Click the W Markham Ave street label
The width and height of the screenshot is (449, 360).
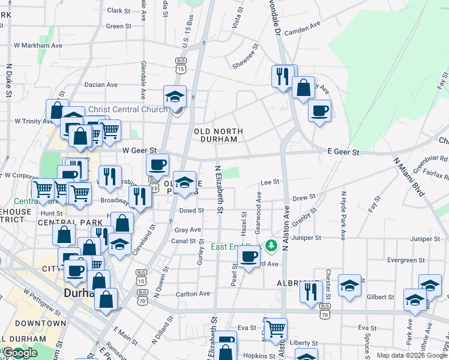38,45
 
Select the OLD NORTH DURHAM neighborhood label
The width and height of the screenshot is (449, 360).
218,135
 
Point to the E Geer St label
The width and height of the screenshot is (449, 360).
343,153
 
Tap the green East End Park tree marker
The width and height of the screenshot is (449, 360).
271,245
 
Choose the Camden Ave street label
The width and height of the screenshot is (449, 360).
303,32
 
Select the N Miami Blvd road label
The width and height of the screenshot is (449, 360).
408,177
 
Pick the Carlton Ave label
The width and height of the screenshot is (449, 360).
193,294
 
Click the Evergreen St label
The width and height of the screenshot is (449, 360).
403,260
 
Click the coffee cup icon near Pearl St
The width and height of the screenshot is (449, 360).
248,256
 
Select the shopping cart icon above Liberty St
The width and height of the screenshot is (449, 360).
276,328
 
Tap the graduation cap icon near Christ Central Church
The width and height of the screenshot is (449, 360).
175,96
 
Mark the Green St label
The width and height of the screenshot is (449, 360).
118,26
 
